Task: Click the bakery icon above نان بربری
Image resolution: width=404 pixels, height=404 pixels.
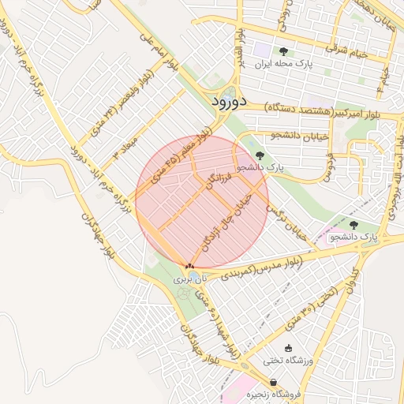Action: [189, 266]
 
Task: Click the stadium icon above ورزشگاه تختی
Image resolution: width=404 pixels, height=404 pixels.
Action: [287, 348]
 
